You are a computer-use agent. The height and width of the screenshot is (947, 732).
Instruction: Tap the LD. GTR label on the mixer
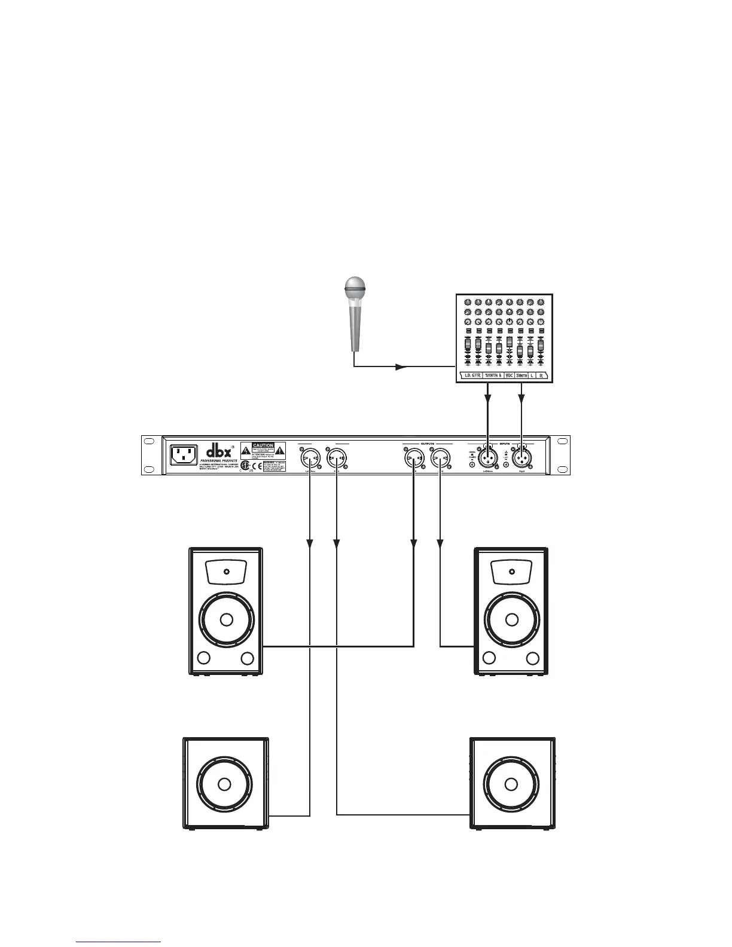coord(470,375)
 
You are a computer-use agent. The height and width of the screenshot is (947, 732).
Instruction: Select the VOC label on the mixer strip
coord(509,375)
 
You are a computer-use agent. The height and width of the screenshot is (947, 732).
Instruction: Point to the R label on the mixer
coord(541,375)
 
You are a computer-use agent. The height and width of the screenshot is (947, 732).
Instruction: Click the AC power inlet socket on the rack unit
coord(184,455)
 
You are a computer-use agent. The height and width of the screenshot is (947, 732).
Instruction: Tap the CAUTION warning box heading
coord(263,445)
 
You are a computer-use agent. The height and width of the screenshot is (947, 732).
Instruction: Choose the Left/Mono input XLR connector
coord(489,457)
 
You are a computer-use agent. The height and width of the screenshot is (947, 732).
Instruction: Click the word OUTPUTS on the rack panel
coord(427,444)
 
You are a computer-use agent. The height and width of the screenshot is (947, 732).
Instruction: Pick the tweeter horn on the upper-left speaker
coord(226,572)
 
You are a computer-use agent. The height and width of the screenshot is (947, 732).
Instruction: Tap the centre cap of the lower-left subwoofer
coord(224,784)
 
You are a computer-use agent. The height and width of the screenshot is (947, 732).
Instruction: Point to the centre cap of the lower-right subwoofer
coord(511,784)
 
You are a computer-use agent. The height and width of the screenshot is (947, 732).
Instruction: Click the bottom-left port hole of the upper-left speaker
coord(203,659)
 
